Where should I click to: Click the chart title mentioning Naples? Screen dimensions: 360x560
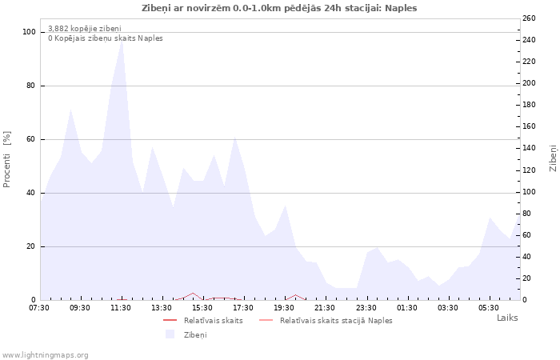click(279, 8)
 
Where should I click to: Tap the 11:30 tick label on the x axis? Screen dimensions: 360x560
click(121, 308)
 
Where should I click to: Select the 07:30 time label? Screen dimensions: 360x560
click(39, 308)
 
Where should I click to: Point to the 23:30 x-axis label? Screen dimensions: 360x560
click(366, 308)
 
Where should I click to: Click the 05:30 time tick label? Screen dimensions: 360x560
click(489, 308)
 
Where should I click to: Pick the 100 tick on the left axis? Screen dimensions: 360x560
click(30, 32)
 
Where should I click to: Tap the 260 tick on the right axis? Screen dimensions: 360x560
click(530, 18)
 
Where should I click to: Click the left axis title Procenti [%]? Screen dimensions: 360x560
click(7, 159)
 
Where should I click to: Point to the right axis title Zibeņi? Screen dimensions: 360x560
click(553, 158)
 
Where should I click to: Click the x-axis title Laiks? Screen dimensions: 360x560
click(507, 318)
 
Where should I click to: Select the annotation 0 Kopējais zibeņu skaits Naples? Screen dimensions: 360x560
click(105, 38)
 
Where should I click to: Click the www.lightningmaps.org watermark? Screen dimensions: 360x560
click(46, 354)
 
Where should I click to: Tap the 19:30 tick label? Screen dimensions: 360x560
click(284, 308)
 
